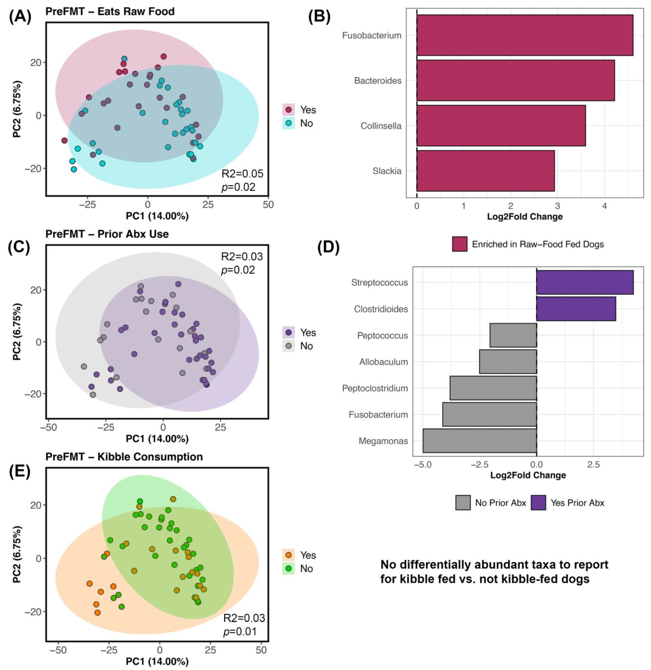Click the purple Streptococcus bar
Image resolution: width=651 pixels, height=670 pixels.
pos(585,282)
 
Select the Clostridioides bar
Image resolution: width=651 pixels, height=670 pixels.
pos(576,309)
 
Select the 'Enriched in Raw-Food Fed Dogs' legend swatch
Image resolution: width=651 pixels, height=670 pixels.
pos(459,244)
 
